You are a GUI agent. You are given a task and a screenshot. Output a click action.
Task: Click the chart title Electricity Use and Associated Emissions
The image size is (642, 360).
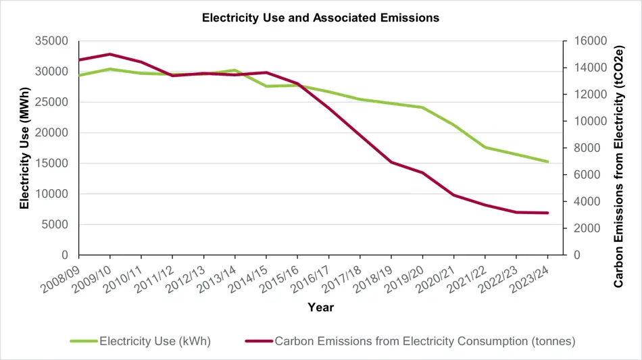pos(320,18)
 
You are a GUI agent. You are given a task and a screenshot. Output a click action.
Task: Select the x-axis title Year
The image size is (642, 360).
pos(320,307)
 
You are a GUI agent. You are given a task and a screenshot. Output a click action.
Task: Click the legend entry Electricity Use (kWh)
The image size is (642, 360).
pos(155,341)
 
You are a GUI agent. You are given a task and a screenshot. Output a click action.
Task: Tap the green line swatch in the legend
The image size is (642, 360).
pos(84,341)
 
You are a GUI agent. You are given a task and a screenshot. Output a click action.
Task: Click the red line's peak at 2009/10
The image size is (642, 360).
pos(110,54)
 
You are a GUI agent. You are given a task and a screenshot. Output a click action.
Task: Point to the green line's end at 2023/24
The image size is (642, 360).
pos(547,161)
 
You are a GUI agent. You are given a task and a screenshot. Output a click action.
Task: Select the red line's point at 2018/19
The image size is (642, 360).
pos(391,162)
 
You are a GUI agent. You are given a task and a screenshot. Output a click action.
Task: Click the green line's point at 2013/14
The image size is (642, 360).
pos(235,70)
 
